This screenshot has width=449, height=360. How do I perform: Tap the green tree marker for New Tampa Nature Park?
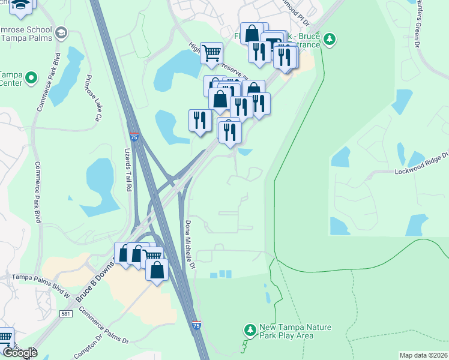(250, 330)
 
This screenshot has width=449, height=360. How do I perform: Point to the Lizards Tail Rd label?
(128, 170)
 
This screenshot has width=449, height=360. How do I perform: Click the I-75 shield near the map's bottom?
(197, 325)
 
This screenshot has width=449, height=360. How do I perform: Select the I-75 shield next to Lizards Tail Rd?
(135, 137)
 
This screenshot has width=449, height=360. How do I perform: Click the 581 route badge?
(67, 314)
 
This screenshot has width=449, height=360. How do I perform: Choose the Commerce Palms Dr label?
(103, 328)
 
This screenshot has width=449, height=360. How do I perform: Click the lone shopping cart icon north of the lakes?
(211, 53)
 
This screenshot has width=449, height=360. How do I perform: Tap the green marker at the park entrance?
(329, 40)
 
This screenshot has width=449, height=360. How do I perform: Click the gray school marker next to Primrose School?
(60, 31)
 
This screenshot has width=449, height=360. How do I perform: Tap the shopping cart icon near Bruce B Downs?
(152, 257)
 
